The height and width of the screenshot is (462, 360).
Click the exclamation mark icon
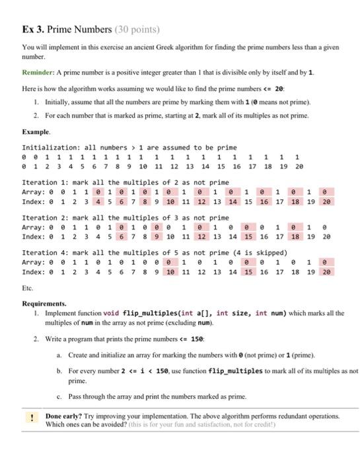(x=30, y=417)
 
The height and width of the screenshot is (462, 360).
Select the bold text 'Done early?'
(x=67, y=417)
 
